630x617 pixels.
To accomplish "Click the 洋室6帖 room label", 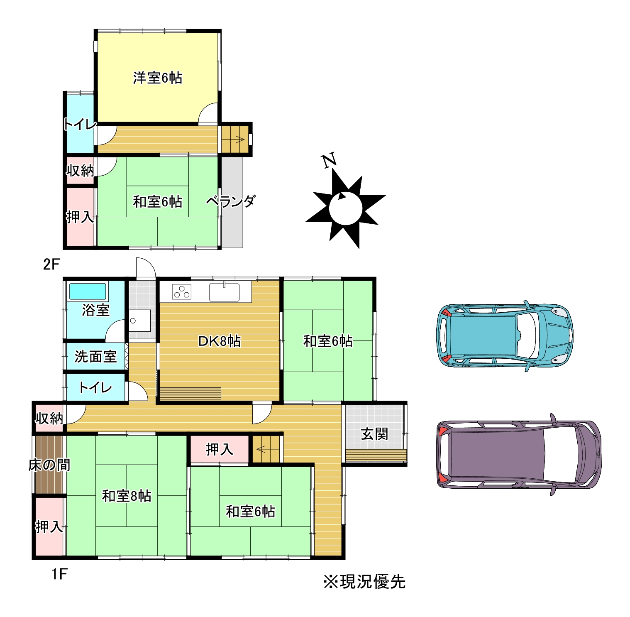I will click(x=157, y=78).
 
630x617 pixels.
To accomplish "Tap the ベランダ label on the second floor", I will click(x=231, y=201).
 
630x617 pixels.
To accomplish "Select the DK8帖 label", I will click(x=219, y=341).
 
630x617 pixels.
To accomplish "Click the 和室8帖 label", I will click(x=127, y=496).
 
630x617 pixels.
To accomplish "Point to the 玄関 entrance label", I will click(x=374, y=434).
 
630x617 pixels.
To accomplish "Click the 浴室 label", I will click(x=95, y=310).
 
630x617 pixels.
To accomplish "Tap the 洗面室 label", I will click(x=95, y=356).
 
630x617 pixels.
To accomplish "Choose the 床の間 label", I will click(x=49, y=465).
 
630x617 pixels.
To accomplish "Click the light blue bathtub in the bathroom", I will click(x=88, y=291).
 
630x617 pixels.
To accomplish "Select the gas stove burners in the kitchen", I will click(x=182, y=291).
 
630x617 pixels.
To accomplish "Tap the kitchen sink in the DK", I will click(x=224, y=292).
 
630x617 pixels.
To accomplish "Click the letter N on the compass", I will click(x=329, y=160).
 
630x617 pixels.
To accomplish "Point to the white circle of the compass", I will click(x=346, y=208).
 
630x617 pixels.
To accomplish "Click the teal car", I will click(x=505, y=335).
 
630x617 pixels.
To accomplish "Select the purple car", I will click(x=519, y=455).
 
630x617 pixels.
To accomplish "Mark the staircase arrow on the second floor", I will click(x=238, y=139).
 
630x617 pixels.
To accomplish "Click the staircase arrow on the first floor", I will click(x=261, y=449).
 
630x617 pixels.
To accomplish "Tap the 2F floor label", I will click(x=51, y=264).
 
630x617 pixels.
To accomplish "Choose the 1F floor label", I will click(x=59, y=574).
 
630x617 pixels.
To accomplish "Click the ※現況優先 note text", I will click(x=364, y=582).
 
